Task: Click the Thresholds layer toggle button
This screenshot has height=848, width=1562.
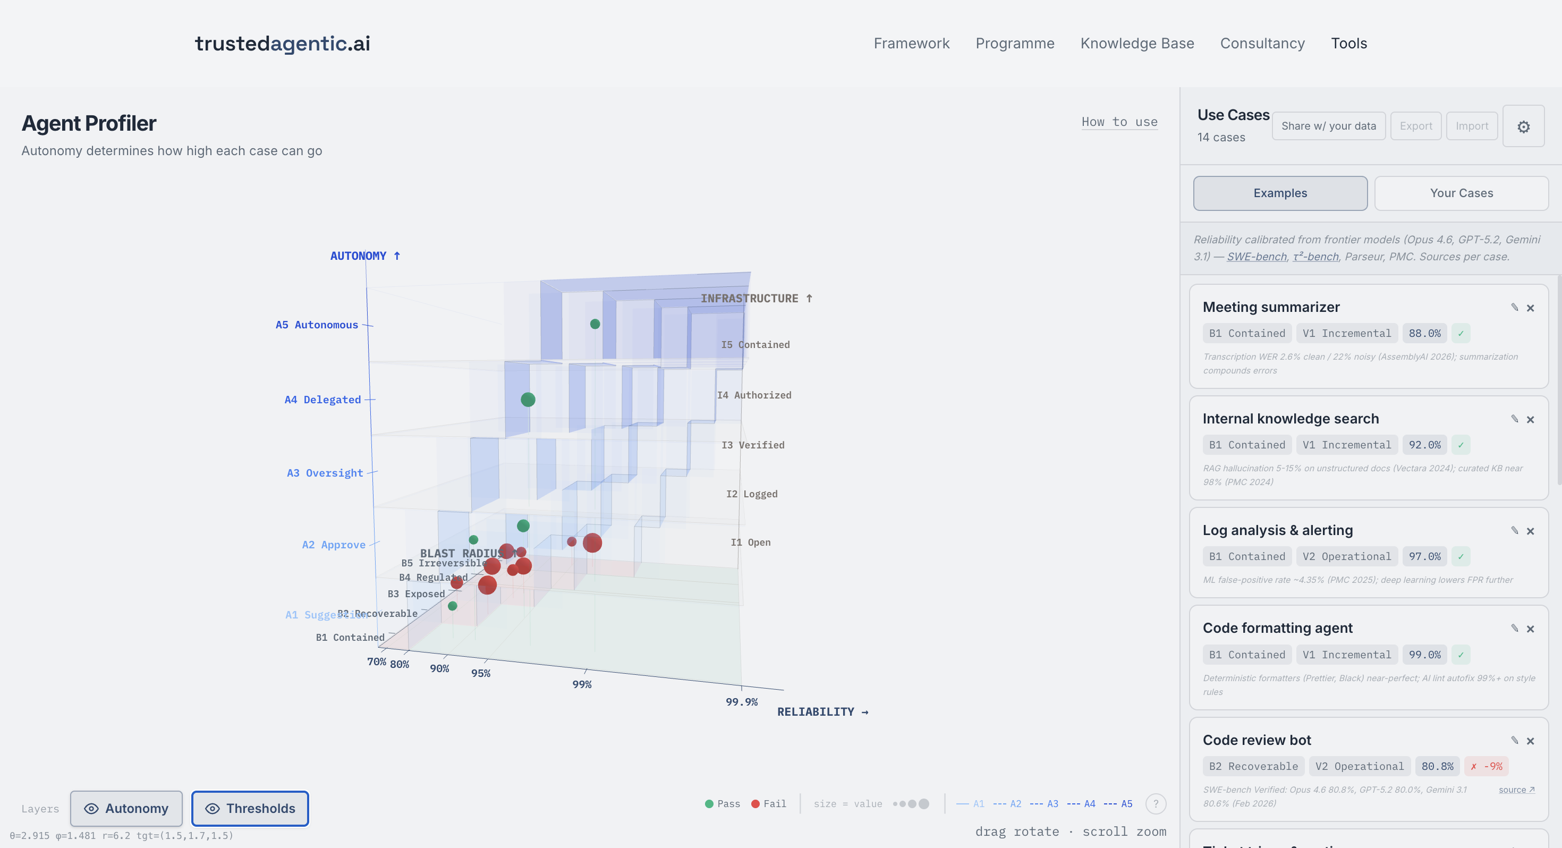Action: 250,808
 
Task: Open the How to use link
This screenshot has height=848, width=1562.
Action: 1119,122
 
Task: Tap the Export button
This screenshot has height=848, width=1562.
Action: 1415,126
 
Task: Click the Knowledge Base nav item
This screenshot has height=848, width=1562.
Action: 1137,44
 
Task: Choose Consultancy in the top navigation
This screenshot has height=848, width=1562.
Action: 1262,44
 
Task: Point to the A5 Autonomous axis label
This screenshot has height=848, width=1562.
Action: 317,325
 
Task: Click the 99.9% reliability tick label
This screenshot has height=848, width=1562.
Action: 741,702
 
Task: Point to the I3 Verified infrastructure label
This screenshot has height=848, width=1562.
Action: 752,445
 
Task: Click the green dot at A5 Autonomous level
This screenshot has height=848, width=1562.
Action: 595,324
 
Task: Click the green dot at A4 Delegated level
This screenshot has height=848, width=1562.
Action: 528,400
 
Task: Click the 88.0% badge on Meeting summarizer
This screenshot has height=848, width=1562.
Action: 1424,333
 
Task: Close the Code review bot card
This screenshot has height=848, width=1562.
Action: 1530,741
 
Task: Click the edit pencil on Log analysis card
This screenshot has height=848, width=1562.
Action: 1514,530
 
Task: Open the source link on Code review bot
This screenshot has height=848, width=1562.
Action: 1516,790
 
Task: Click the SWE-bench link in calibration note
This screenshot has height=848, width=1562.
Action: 1257,257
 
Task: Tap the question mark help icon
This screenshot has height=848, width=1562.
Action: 1155,804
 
